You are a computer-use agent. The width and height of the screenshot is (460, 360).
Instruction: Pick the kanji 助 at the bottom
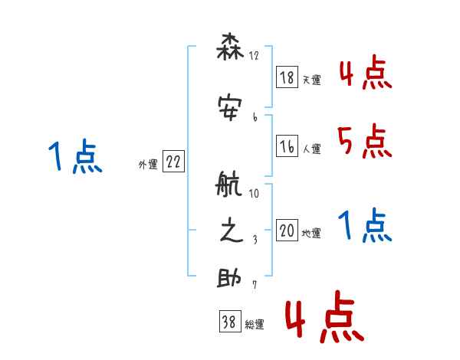tap(229, 279)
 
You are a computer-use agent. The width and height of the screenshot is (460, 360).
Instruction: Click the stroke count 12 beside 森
tap(254, 56)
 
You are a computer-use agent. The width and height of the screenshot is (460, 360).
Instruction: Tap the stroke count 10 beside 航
tap(254, 194)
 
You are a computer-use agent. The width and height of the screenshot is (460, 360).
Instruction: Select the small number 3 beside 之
tap(254, 240)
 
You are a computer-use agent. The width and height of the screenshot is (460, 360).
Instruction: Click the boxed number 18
tap(287, 77)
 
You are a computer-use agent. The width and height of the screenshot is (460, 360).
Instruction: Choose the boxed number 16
tap(287, 147)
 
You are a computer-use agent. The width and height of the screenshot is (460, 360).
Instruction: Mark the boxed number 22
tap(173, 163)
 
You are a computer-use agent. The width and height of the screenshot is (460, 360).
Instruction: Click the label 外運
tap(148, 165)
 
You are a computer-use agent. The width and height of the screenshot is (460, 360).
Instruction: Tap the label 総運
tap(255, 324)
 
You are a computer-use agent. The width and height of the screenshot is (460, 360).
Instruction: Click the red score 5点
tap(365, 141)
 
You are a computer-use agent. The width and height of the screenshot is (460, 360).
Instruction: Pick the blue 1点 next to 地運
tap(365, 226)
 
